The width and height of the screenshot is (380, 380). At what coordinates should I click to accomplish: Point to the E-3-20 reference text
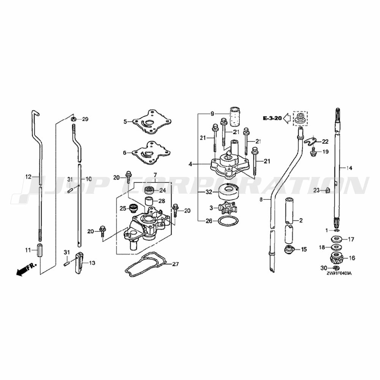coord(272,118)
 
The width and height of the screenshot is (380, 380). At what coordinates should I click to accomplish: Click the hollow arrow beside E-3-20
coord(287,118)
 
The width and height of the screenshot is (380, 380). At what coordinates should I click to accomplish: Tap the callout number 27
coord(176,264)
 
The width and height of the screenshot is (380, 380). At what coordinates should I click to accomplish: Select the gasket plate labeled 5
coord(152,122)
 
